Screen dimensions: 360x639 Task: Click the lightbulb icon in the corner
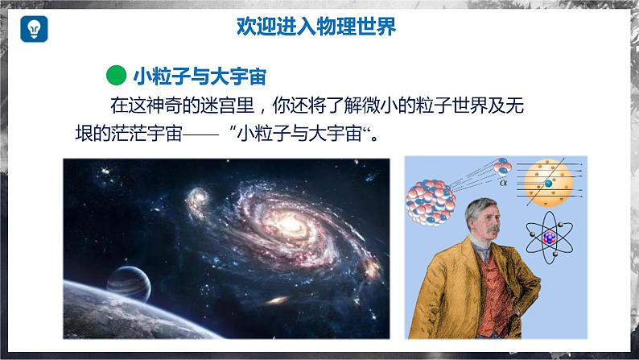pos(35,28)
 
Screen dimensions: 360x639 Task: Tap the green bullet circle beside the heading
pos(117,75)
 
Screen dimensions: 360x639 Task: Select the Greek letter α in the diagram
pos(504,182)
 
